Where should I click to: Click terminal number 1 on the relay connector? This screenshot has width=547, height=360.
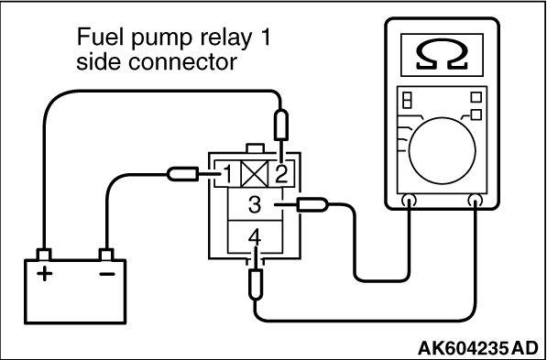click(x=227, y=174)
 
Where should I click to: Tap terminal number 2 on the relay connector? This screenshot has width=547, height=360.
click(x=280, y=174)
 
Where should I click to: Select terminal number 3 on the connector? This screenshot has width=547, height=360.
click(x=255, y=205)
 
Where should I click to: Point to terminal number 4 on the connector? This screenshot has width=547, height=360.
click(x=255, y=238)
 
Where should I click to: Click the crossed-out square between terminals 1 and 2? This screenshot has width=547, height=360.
click(x=255, y=174)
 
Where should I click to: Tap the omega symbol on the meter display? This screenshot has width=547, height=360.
click(x=442, y=54)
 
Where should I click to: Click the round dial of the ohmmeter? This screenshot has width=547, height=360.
click(x=442, y=151)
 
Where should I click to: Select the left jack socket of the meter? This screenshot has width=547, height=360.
click(x=409, y=201)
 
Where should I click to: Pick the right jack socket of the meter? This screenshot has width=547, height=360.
click(x=476, y=201)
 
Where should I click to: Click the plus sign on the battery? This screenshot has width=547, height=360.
click(x=44, y=274)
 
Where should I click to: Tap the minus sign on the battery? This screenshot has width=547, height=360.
click(x=107, y=274)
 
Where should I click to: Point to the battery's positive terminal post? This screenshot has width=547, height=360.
click(x=44, y=255)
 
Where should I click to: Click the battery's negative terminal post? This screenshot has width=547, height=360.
click(x=106, y=255)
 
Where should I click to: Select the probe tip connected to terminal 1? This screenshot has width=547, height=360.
click(x=183, y=174)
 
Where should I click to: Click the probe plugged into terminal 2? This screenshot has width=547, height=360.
click(x=281, y=125)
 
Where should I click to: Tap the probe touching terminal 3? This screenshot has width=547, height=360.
click(x=312, y=205)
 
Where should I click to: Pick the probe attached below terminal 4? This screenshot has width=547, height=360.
click(x=256, y=284)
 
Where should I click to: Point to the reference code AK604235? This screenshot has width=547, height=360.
click(x=462, y=348)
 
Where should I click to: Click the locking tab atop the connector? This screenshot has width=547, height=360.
click(x=255, y=148)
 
